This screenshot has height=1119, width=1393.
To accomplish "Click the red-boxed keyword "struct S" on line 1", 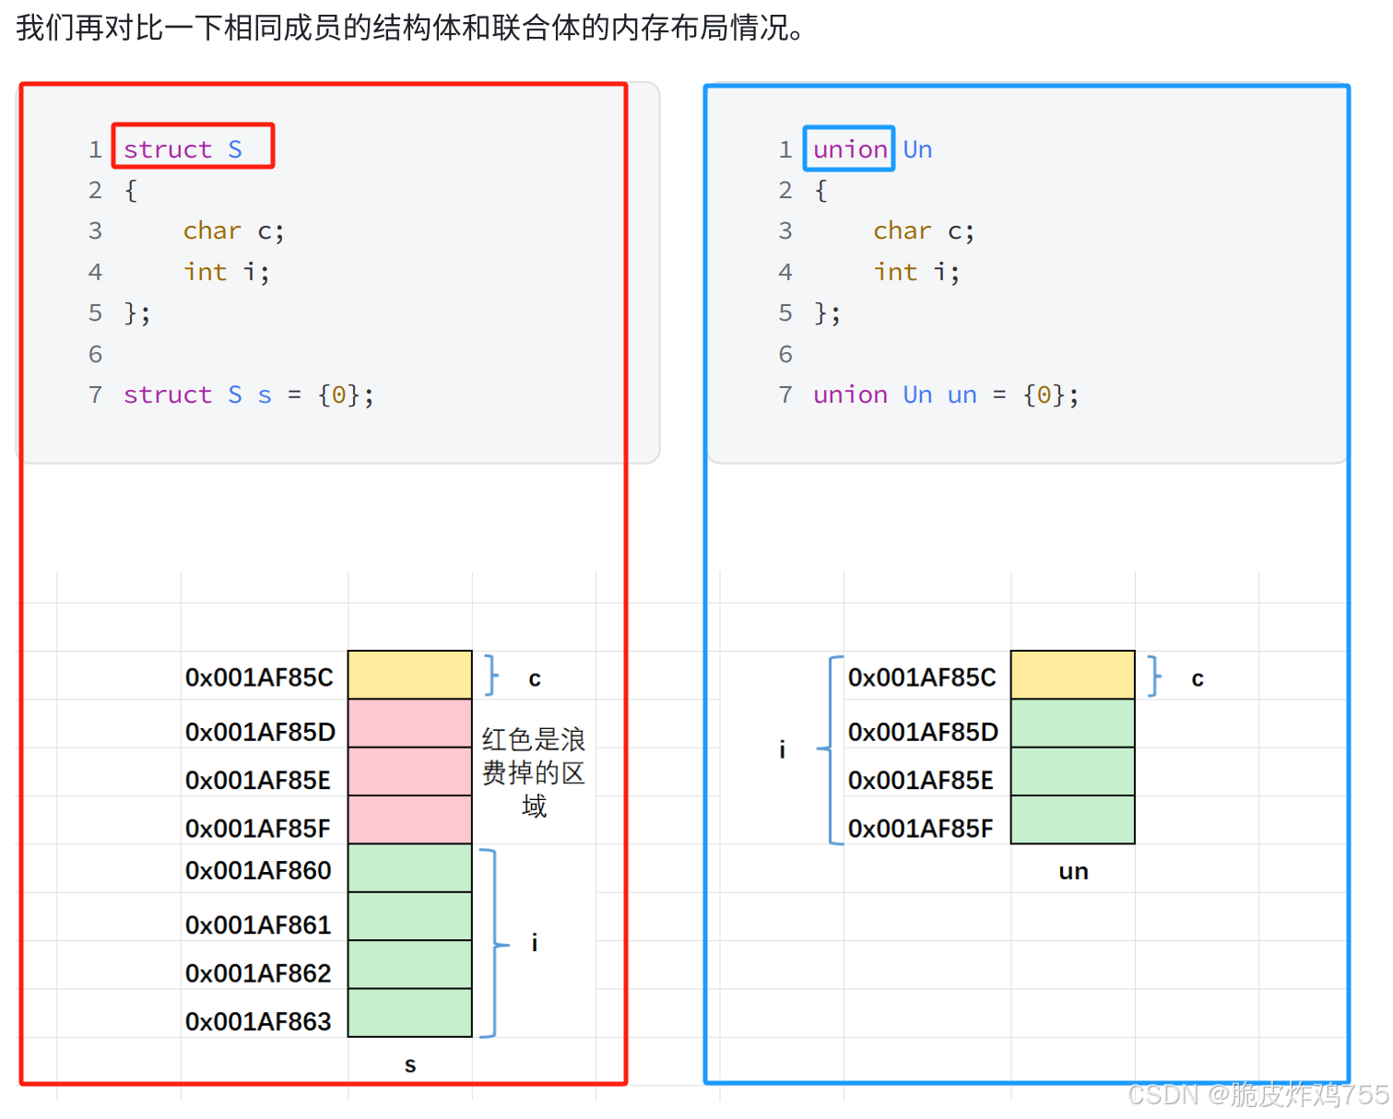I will [x=192, y=147].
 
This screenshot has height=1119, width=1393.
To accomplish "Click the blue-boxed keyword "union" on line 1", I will [x=849, y=149].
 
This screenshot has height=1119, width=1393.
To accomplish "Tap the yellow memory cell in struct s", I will [x=409, y=675].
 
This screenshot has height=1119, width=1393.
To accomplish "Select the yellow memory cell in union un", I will [x=1072, y=675].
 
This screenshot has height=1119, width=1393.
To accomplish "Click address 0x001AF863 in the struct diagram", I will [x=258, y=1021].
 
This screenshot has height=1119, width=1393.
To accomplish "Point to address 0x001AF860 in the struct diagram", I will [x=258, y=870].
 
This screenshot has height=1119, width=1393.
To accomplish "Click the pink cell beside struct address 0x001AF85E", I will [x=409, y=772].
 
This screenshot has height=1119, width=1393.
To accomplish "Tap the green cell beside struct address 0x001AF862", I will [x=409, y=965].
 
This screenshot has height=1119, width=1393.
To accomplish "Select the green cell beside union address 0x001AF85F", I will [x=1072, y=819].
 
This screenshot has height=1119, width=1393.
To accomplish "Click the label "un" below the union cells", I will [x=1073, y=872].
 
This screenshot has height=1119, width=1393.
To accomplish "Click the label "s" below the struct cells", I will [x=410, y=1066].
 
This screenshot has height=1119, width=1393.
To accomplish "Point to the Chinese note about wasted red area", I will [x=534, y=772].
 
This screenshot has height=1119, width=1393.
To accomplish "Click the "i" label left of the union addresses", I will [x=782, y=749].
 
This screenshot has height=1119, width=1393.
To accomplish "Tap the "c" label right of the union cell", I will [x=1197, y=679].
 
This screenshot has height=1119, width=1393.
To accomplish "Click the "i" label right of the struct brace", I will [x=535, y=942].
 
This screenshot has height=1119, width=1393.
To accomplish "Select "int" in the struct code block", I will [x=205, y=272].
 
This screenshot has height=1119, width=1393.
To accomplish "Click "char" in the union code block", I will [x=902, y=230].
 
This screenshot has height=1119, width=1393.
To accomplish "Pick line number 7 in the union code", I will [x=785, y=395].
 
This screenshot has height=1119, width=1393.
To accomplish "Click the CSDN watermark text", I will [x=1257, y=1094].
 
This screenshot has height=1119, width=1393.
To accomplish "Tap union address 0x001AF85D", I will [x=923, y=732].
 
